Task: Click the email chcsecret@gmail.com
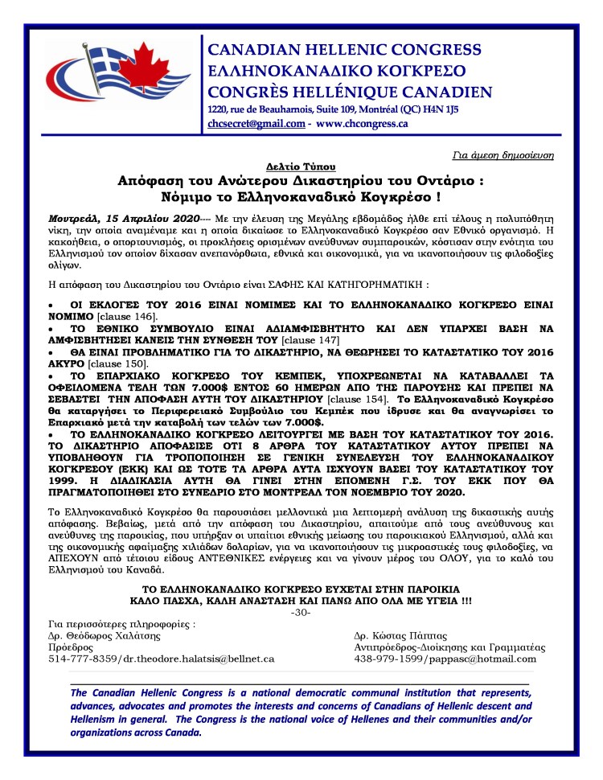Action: (x=256, y=124)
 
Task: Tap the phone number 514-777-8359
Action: (x=77, y=658)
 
